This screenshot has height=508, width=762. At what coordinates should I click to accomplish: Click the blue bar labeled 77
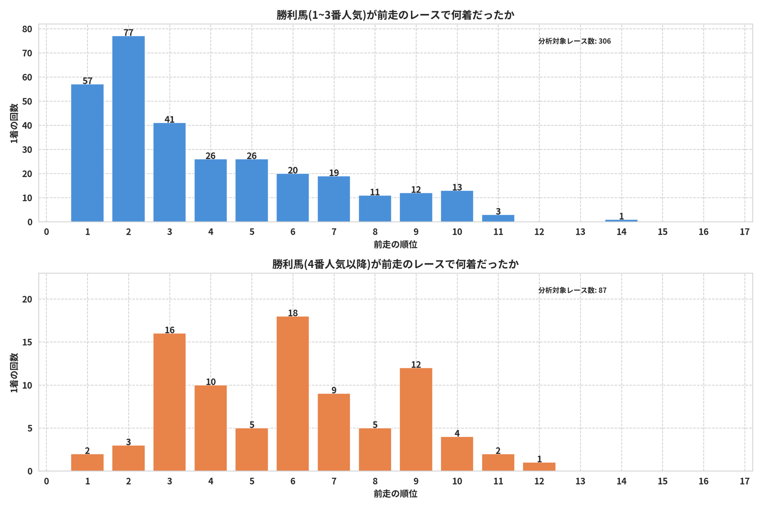(x=128, y=129)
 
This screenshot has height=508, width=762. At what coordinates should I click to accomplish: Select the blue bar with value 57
(x=88, y=153)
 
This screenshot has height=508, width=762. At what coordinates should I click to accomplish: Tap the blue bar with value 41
(x=169, y=172)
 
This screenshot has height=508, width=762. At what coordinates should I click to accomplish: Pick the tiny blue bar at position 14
(x=621, y=221)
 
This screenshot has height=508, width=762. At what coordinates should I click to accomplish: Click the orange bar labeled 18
(x=293, y=394)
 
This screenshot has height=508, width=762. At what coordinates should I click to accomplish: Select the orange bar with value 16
(x=169, y=402)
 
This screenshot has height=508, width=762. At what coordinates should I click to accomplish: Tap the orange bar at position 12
(x=539, y=467)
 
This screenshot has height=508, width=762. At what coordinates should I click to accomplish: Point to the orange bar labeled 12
(x=416, y=420)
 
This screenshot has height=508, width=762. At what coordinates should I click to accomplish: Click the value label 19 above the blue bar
(x=334, y=173)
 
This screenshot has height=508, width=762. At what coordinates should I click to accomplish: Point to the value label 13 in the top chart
(x=457, y=187)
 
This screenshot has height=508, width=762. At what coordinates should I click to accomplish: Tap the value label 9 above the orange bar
(x=334, y=390)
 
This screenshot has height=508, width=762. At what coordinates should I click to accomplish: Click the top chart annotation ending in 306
(x=574, y=41)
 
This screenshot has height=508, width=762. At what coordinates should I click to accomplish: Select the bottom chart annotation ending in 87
(x=572, y=290)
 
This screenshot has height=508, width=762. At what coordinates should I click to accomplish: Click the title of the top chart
(x=395, y=15)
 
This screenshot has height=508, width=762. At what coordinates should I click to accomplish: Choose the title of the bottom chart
(x=395, y=264)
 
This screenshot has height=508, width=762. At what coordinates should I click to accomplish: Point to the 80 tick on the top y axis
(x=27, y=29)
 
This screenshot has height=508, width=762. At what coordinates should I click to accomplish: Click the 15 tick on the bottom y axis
(x=27, y=343)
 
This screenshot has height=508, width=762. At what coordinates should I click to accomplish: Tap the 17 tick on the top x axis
(x=744, y=232)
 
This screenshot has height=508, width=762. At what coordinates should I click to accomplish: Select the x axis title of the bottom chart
(x=395, y=494)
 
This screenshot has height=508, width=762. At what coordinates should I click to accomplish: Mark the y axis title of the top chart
(x=14, y=124)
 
